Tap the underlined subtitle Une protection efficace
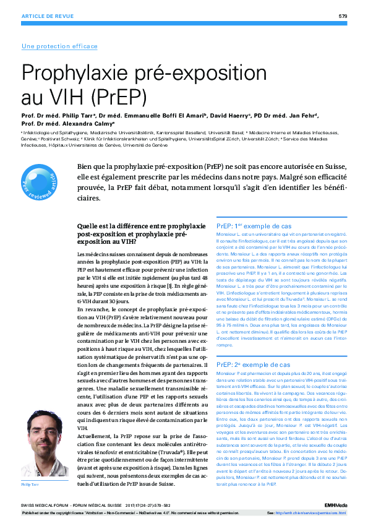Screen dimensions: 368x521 coord(59,46)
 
